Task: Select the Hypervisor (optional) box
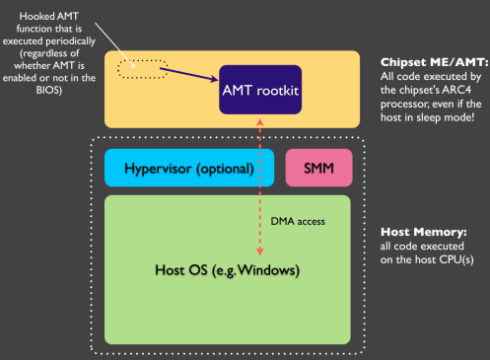pyautogui.click(x=179, y=169)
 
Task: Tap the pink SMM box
pyautogui.click(x=318, y=169)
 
